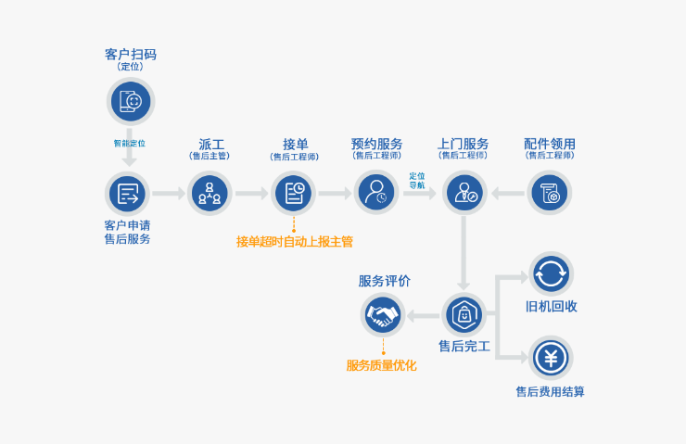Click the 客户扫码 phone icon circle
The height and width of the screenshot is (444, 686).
131,101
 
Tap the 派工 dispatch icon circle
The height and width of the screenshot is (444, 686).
210,193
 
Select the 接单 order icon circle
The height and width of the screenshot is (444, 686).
294,193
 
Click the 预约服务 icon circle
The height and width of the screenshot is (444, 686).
377,193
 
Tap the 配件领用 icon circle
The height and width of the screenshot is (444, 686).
550,193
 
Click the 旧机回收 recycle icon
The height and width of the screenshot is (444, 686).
551,273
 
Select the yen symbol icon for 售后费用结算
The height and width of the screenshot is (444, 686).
551,357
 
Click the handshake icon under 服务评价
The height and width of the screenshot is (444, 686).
382,316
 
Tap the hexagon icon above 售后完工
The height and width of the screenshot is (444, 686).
464,316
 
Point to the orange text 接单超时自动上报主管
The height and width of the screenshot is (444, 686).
294,242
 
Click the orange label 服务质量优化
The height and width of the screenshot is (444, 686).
381,365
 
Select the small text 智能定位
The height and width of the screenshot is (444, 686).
130,144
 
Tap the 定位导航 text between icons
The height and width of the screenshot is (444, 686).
417,181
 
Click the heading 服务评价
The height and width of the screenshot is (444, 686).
384,281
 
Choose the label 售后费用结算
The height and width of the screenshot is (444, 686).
550,391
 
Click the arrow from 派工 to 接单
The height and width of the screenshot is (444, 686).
251,194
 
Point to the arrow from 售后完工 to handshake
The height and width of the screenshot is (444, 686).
424,316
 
